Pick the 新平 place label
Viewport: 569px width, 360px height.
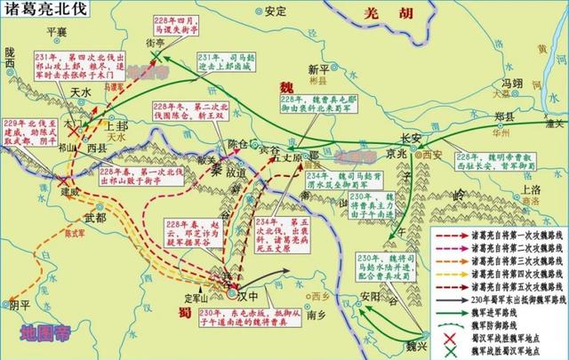[x=317, y=68]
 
